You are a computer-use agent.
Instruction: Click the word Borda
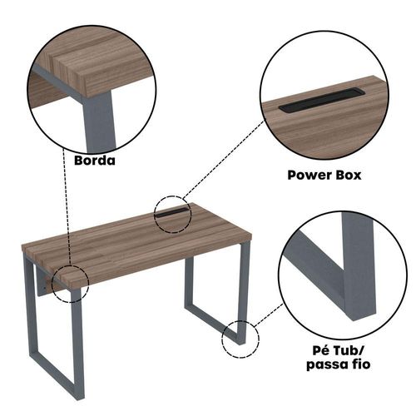click(x=95, y=161)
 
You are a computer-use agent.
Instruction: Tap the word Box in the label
click(x=349, y=175)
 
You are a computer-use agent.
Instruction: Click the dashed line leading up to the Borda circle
click(x=67, y=206)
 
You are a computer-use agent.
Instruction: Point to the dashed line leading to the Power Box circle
click(x=224, y=159)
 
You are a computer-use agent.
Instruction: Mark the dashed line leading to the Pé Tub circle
click(x=269, y=314)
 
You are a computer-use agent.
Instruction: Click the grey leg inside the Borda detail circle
click(x=98, y=123)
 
